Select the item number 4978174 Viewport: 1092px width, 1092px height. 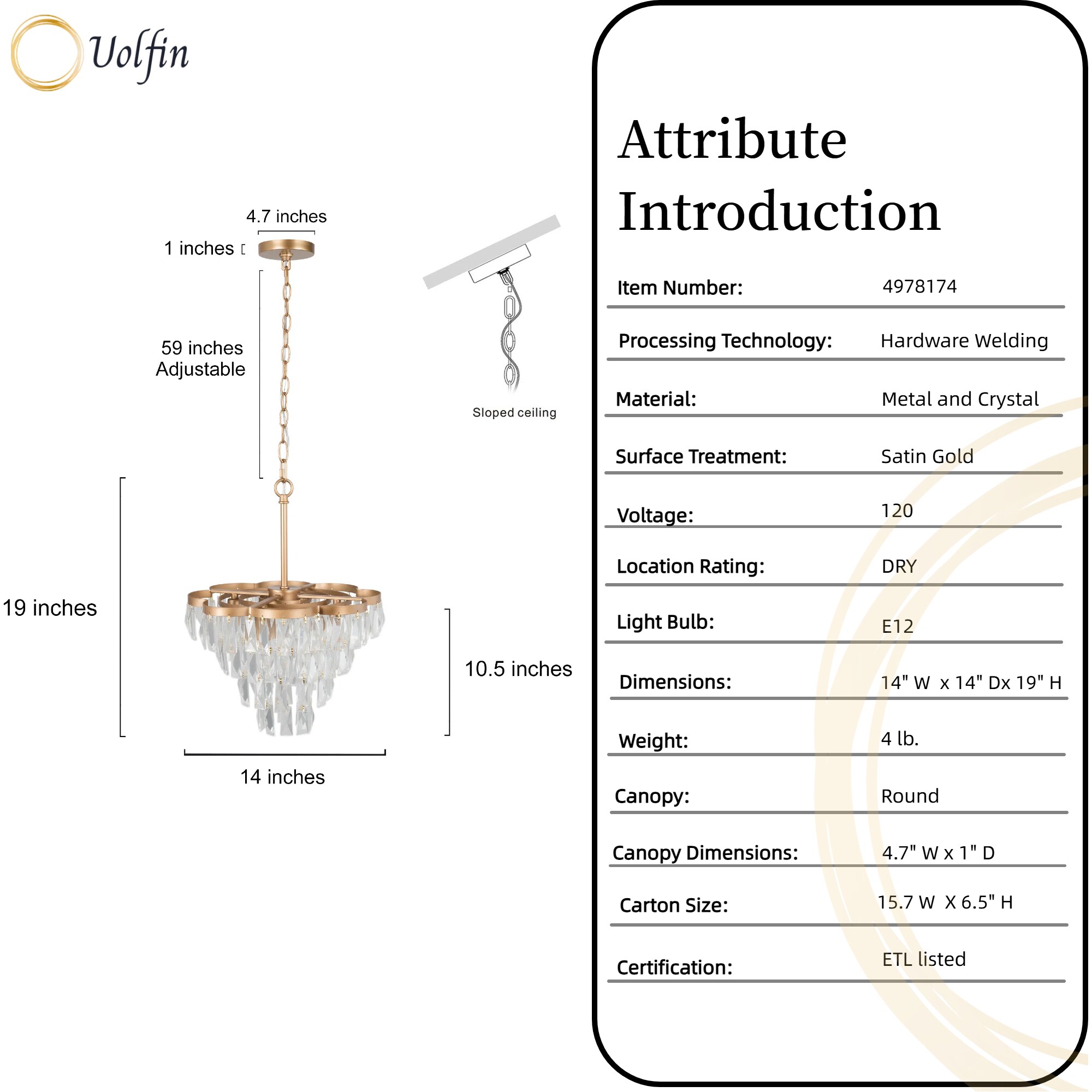[919, 287]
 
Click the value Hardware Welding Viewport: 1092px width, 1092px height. [964, 341]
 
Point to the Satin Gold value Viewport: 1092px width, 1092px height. [927, 456]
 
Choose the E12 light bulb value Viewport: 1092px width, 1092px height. [898, 626]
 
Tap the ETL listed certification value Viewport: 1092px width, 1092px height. [924, 959]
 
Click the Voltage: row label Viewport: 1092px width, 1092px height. [655, 515]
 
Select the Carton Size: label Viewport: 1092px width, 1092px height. [674, 905]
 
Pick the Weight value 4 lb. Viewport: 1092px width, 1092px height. [900, 739]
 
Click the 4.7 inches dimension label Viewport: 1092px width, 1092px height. [286, 216]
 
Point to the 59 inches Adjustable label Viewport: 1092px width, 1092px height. [201, 358]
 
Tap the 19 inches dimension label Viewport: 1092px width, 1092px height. [50, 608]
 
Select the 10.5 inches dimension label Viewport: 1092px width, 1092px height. [518, 669]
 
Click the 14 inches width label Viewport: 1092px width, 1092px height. [283, 777]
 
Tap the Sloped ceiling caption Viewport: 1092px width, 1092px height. [514, 413]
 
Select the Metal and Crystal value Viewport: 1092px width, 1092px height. [960, 399]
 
